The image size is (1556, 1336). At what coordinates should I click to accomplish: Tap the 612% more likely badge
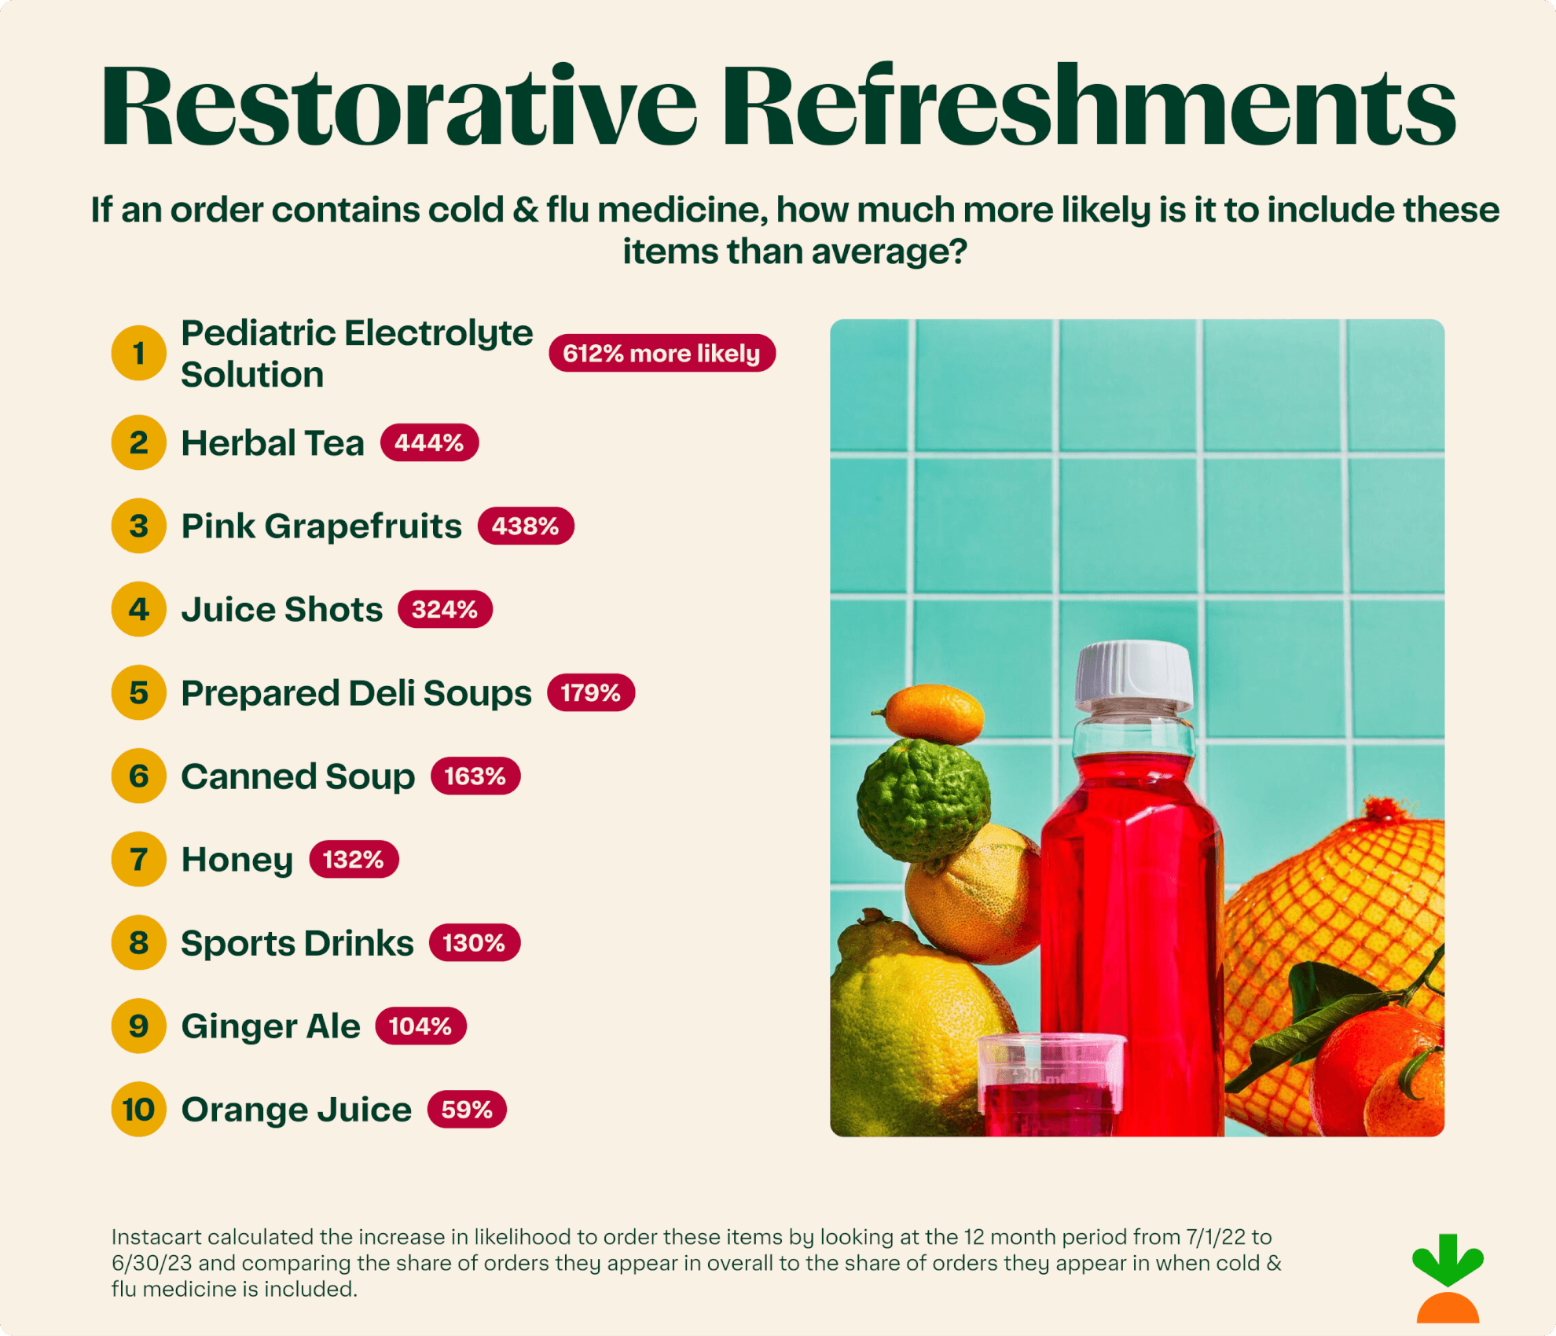click(x=662, y=354)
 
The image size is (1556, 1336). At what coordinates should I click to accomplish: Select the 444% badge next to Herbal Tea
click(x=429, y=442)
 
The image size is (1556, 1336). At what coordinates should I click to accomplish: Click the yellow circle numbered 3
click(x=139, y=526)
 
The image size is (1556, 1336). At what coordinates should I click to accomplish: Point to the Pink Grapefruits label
click(x=321, y=526)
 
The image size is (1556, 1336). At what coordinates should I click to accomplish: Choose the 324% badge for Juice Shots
click(x=445, y=609)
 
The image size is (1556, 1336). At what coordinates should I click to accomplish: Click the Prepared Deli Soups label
click(x=356, y=693)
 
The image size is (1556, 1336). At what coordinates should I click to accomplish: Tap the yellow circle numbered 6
click(x=139, y=776)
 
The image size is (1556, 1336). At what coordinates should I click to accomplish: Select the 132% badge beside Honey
click(x=354, y=859)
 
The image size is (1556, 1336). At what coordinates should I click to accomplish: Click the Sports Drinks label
click(x=297, y=943)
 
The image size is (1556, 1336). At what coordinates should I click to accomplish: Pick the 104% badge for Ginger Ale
click(x=420, y=1026)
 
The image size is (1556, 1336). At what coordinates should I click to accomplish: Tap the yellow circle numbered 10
click(x=139, y=1110)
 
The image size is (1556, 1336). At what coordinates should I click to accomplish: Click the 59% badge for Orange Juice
click(x=467, y=1110)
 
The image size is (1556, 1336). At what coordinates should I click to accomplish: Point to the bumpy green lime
click(x=923, y=798)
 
